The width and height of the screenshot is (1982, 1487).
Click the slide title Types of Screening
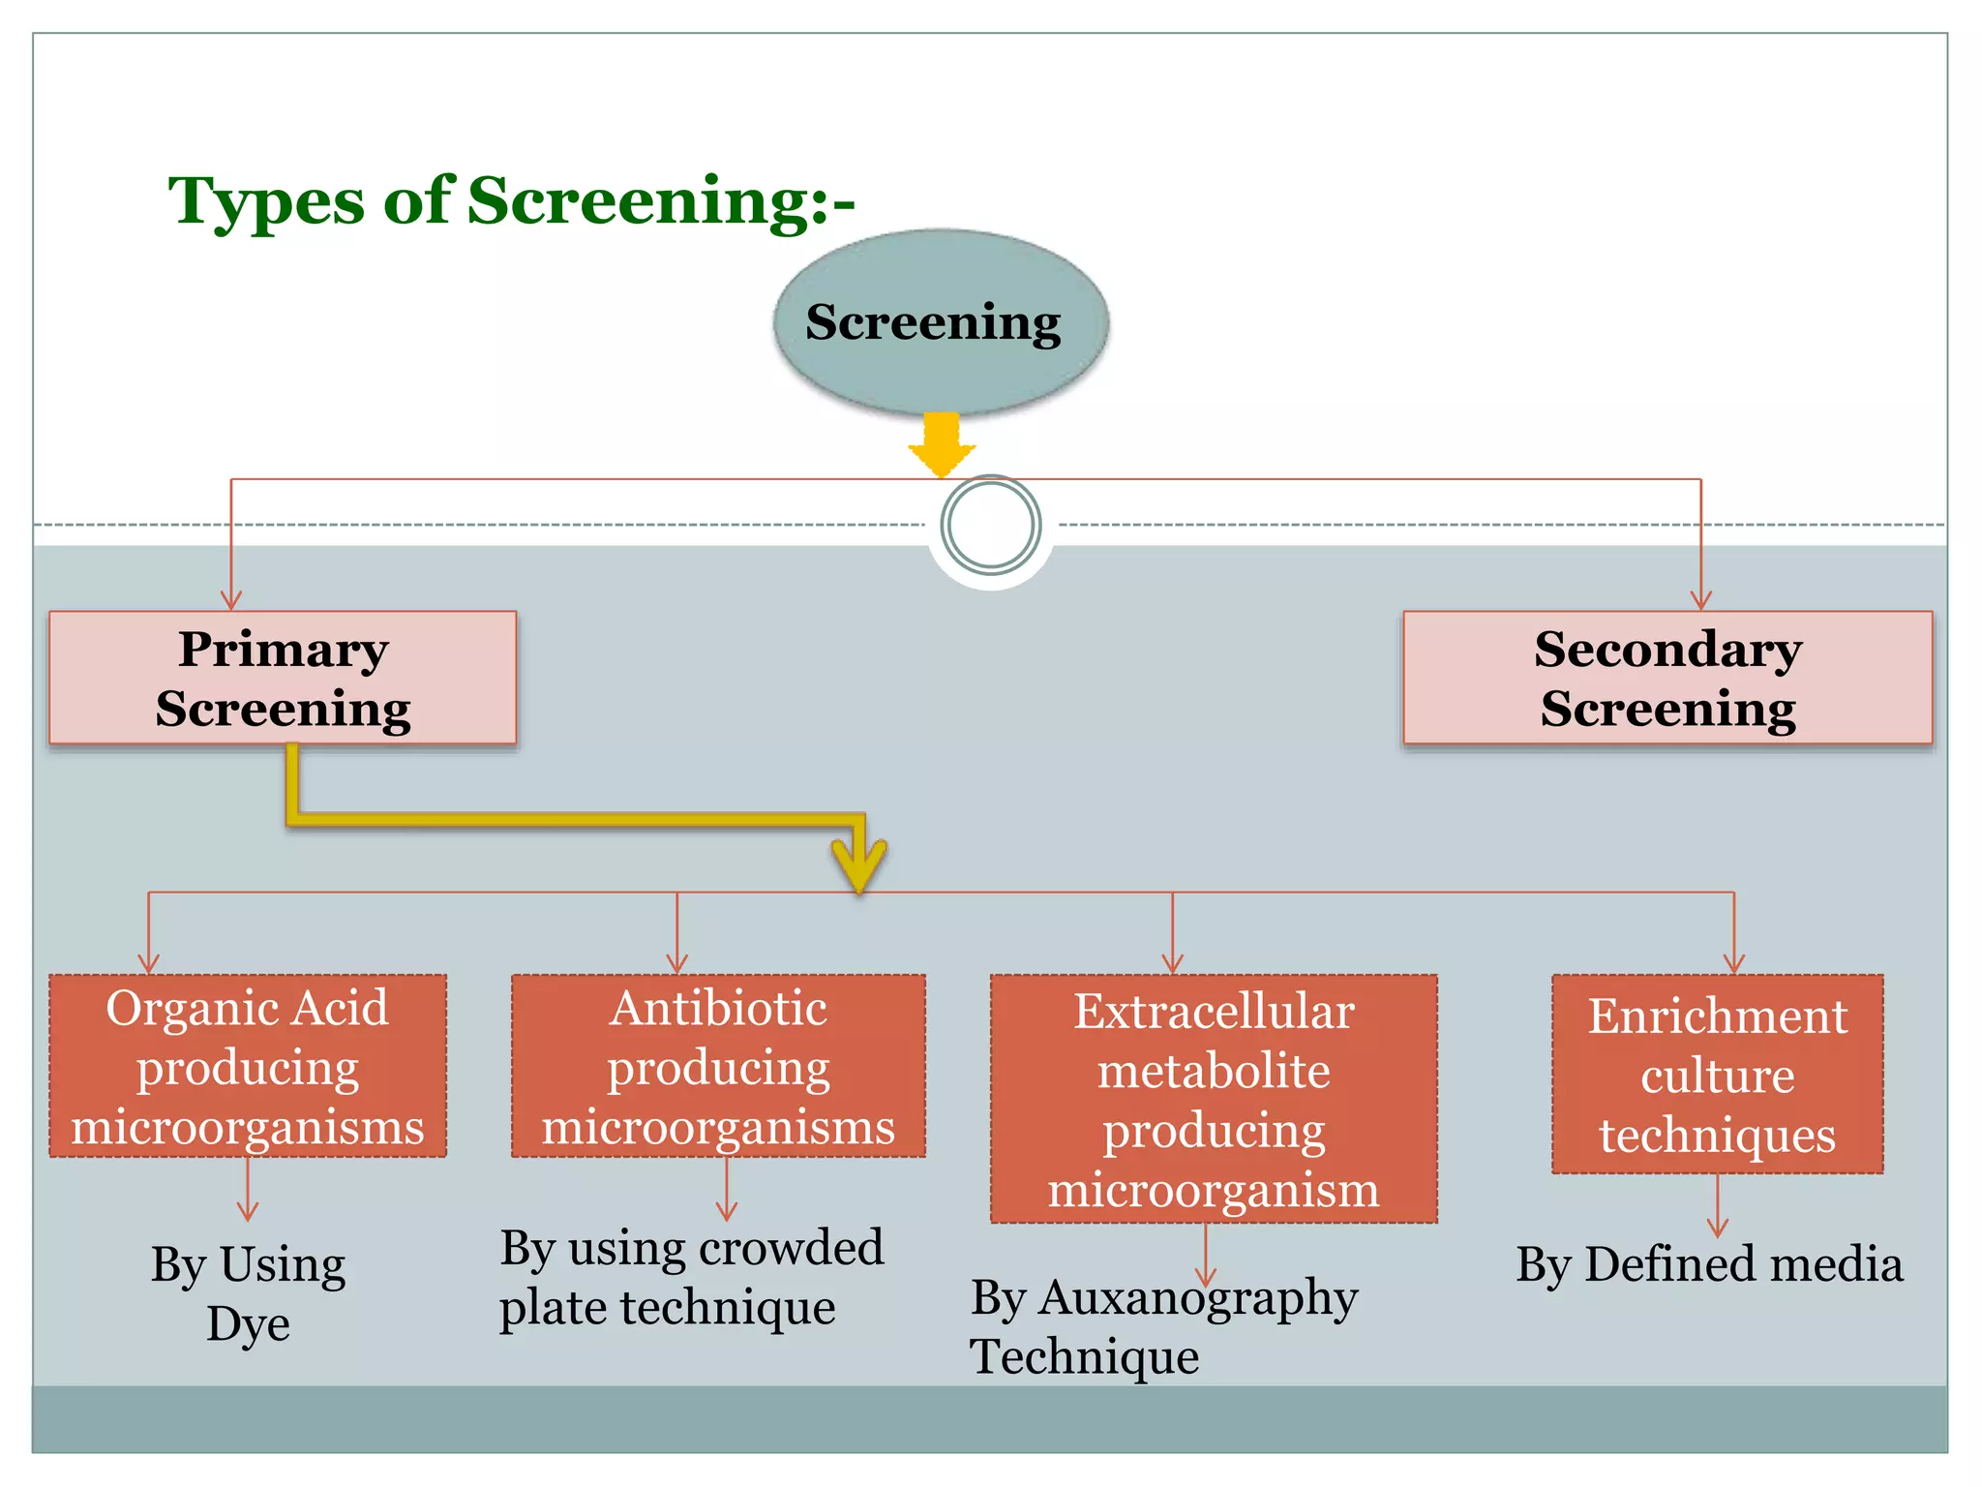click(511, 201)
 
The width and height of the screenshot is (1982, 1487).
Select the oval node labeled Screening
click(941, 321)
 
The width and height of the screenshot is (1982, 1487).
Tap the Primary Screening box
click(283, 678)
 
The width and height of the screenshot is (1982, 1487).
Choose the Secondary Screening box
click(1667, 678)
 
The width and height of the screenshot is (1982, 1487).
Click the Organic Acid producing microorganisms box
click(248, 1066)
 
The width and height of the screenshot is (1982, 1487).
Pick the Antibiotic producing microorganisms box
click(718, 1066)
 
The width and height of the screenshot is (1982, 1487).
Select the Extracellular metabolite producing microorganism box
click(1214, 1099)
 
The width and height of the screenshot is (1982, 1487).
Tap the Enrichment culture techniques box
click(1717, 1075)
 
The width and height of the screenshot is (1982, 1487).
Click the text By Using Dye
click(248, 1292)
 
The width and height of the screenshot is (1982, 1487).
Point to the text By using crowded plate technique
click(691, 1277)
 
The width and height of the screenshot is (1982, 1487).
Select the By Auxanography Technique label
click(1163, 1325)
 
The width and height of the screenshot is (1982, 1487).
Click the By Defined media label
click(1709, 1264)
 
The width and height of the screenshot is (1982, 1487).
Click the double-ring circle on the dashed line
click(990, 525)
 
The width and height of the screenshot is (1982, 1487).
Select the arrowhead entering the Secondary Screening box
click(1700, 600)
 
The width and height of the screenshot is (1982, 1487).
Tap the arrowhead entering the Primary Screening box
click(231, 600)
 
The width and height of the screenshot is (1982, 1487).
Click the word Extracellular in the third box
click(1214, 1012)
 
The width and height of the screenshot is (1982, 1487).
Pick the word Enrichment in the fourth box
click(1717, 1017)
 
